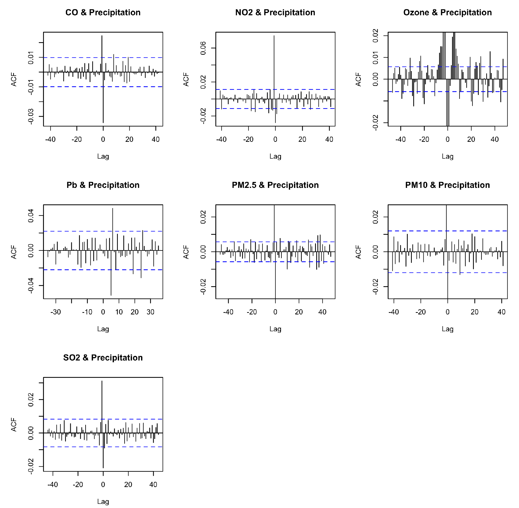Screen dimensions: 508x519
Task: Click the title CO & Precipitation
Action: (103, 12)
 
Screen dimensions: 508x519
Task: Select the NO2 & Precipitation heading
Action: (275, 12)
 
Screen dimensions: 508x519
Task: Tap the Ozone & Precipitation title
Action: (447, 12)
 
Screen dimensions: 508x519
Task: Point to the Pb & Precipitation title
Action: (103, 185)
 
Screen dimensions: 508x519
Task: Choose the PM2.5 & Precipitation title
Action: (275, 185)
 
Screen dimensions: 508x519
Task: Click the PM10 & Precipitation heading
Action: (447, 185)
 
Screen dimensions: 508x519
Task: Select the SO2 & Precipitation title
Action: (103, 358)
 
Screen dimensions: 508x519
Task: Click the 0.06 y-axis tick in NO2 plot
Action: (203, 48)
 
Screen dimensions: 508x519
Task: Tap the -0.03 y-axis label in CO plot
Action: (31, 117)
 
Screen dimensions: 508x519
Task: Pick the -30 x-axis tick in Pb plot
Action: (56, 312)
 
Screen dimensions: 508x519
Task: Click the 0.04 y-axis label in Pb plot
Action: (31, 216)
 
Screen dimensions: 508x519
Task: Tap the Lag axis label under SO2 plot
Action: (103, 502)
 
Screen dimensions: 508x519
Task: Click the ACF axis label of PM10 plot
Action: (358, 252)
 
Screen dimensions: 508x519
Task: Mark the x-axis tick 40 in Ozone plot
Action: (494, 139)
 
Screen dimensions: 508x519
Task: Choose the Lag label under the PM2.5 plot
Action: (275, 329)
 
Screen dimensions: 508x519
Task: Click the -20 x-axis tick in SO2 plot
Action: (78, 485)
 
